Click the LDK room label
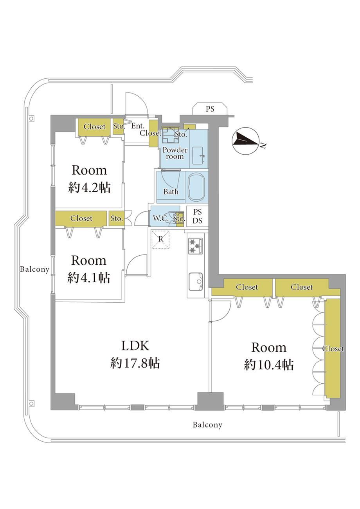click(135, 346)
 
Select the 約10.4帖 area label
click(269, 365)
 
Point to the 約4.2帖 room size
click(89, 188)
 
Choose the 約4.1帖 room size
click(88, 278)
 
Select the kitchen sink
click(196, 281)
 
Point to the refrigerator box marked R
click(160, 239)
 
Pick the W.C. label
click(160, 218)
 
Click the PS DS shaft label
click(197, 216)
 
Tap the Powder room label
click(175, 153)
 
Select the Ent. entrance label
click(138, 126)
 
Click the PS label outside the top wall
click(210, 109)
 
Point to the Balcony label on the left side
click(34, 269)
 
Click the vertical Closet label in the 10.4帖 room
click(333, 349)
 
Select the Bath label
click(171, 191)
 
